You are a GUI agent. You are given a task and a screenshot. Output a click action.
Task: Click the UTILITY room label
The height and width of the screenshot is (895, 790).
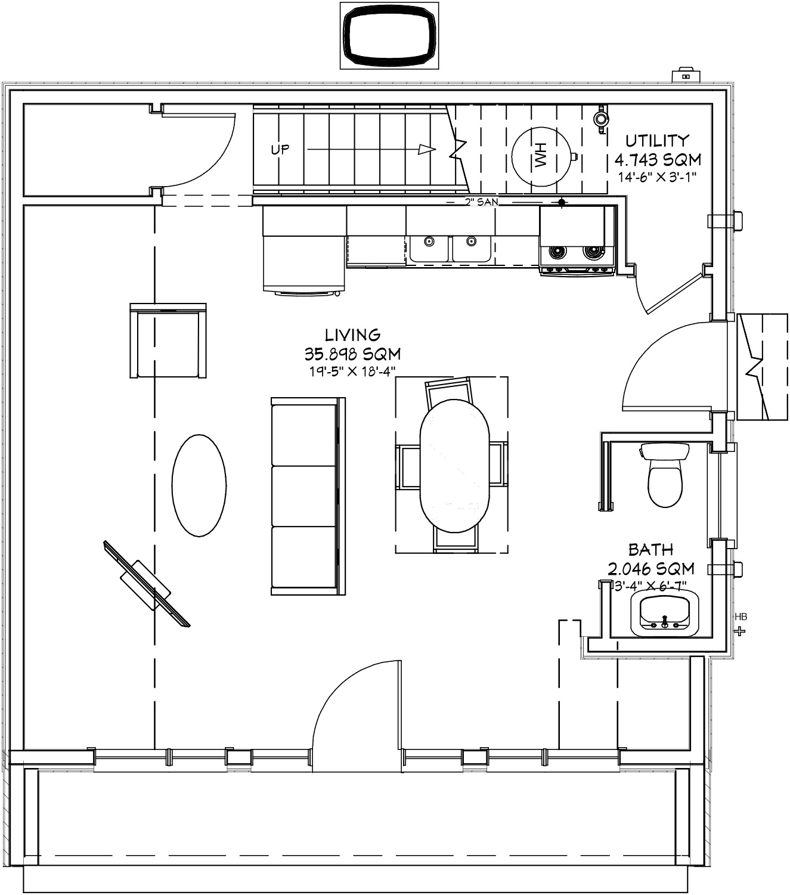657,141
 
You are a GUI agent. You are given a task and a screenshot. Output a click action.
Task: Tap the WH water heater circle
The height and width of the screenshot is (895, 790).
540,156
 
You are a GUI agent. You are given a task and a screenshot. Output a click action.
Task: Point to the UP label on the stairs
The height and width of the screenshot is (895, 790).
280,150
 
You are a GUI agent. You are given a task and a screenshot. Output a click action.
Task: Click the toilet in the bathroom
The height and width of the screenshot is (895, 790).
665,475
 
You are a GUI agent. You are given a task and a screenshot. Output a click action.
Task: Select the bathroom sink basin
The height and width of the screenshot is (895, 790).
665,614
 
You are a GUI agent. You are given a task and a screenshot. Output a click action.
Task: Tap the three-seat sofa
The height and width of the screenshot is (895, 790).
308,496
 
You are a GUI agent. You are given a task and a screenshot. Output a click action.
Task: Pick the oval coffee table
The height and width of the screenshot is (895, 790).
199,485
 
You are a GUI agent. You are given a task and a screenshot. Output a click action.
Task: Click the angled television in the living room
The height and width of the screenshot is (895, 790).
147,584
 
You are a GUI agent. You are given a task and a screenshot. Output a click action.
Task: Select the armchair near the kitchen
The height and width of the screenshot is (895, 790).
168,340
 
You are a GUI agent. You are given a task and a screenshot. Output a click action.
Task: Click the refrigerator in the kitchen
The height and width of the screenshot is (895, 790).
304,250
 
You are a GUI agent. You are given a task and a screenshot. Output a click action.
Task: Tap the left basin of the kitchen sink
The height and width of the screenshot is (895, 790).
429,248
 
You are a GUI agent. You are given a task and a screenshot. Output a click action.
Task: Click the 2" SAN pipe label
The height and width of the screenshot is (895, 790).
481,202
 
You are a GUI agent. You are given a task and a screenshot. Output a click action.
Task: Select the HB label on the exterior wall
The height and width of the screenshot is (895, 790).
741,617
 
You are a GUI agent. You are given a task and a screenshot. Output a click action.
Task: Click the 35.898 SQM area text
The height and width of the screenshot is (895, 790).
352,354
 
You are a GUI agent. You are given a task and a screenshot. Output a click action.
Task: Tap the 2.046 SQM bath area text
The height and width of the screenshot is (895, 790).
651,568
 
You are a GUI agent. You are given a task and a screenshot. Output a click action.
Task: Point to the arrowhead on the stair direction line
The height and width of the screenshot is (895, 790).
427,150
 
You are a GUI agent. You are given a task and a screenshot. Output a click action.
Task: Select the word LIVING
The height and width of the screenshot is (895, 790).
352,335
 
